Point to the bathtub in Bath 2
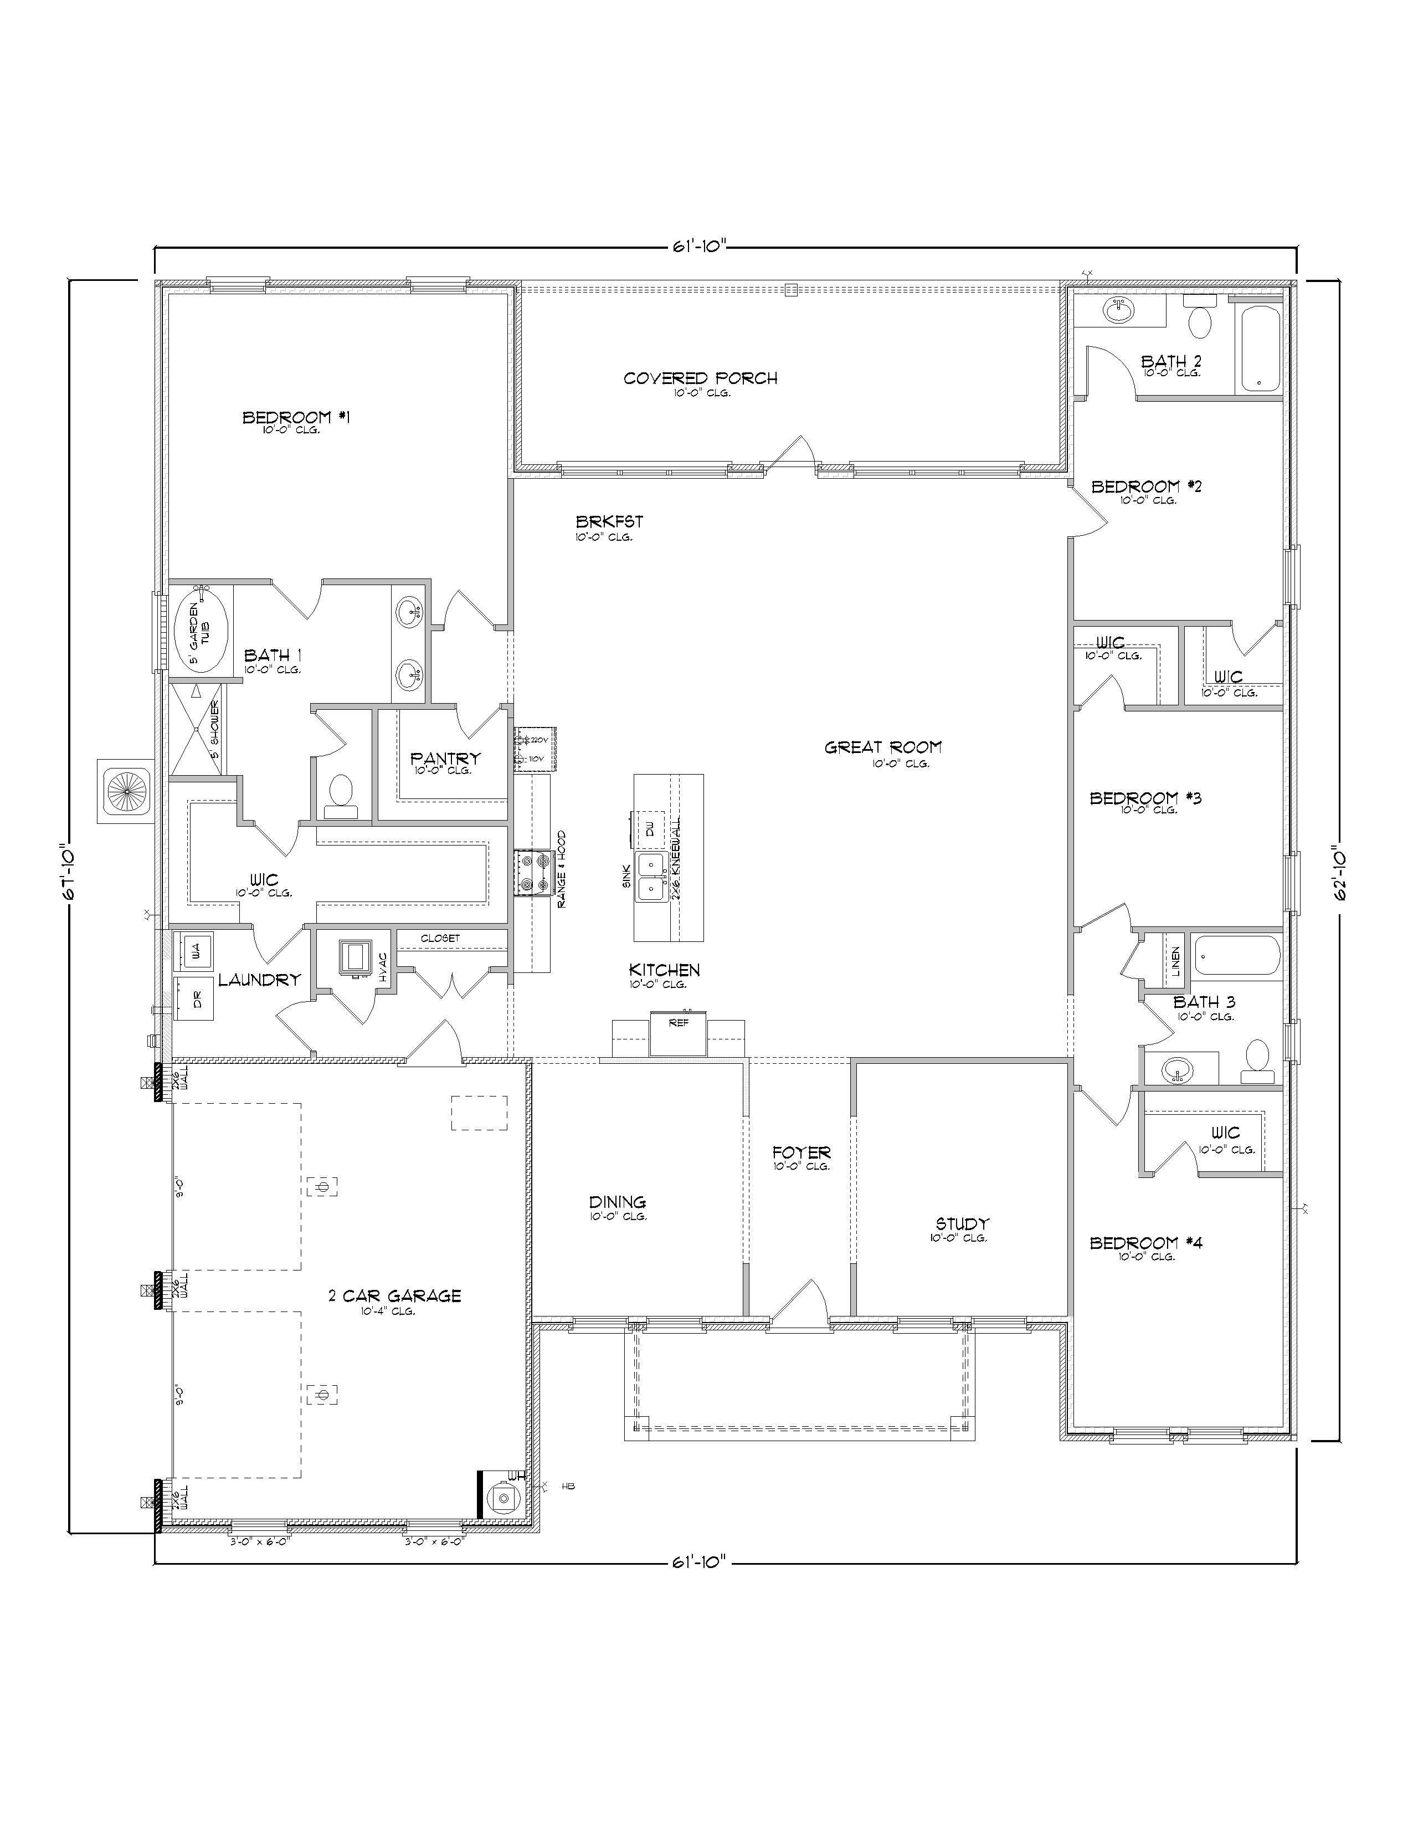pos(1259,349)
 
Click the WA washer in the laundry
pos(195,950)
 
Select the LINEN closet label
pos(1175,961)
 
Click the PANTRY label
pos(445,758)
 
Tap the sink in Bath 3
pos(1178,1069)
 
